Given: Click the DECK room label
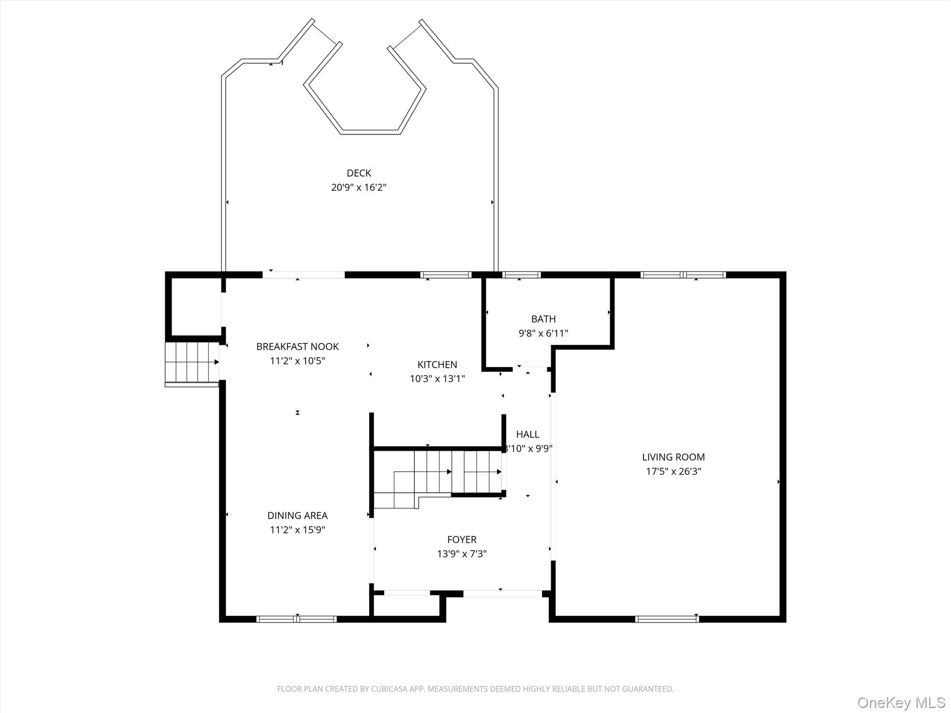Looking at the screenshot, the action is coord(359,173).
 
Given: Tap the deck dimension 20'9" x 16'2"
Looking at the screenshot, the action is coord(359,188).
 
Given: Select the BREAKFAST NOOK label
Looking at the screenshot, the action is coord(298,346).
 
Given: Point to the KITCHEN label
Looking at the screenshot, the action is coord(437,364).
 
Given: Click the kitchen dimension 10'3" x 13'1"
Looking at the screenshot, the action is coord(437,379).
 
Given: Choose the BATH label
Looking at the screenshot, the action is coord(543,319).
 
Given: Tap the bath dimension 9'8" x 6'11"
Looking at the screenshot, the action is coord(543,333).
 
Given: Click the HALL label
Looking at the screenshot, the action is coord(528,434).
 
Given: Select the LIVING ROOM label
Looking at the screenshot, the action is coord(673,457).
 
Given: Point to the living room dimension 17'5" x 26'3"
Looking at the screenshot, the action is coord(673,472).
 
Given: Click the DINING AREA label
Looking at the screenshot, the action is coord(298,515).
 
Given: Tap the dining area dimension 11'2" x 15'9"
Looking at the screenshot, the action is coord(298,530).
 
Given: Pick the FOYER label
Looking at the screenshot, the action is coord(462,539).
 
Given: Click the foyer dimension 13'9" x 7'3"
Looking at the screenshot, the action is coord(462,554).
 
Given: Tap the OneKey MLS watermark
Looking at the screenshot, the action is coord(901,703).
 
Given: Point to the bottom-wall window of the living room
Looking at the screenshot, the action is coord(667,619).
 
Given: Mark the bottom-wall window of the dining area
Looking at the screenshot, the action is coord(296,619).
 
